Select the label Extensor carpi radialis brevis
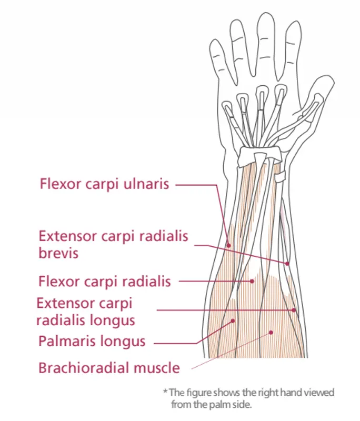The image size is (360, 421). point(113,244)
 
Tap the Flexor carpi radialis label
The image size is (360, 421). point(104,282)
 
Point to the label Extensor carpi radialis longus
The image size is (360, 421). point(86,312)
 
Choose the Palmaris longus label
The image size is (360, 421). point(92,341)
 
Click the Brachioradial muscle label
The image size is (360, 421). point(109,367)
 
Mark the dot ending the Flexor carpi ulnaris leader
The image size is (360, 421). point(228,245)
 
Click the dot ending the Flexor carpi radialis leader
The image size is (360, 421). point(253,281)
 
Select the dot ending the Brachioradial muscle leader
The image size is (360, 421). point(271,332)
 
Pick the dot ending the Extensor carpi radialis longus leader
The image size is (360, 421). point(294,310)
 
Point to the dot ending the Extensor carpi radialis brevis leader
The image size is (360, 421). point(287,262)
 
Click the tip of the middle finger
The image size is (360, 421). point(264,16)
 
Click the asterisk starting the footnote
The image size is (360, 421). point(165,392)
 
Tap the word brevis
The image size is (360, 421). point(58,253)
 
